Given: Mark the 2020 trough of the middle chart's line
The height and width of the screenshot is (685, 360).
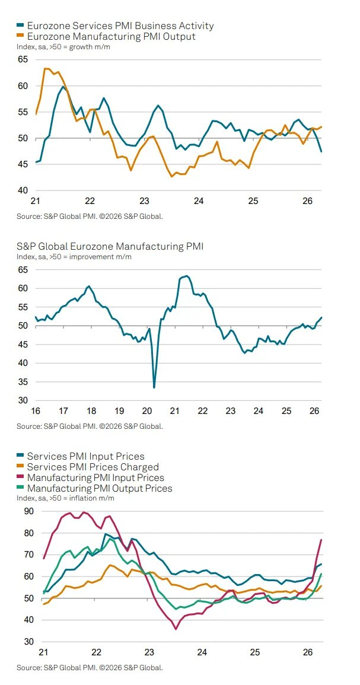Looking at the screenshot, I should [x=154, y=387].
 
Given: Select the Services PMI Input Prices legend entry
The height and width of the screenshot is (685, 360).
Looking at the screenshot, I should [x=85, y=457].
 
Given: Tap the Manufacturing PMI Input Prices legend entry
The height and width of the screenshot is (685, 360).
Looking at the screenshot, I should [x=95, y=478].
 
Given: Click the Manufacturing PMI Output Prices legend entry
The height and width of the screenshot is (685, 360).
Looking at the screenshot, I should [x=100, y=489].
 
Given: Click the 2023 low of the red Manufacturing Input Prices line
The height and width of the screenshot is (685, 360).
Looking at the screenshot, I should [x=176, y=629].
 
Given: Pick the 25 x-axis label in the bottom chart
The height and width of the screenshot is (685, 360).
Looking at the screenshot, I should [x=254, y=652].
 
